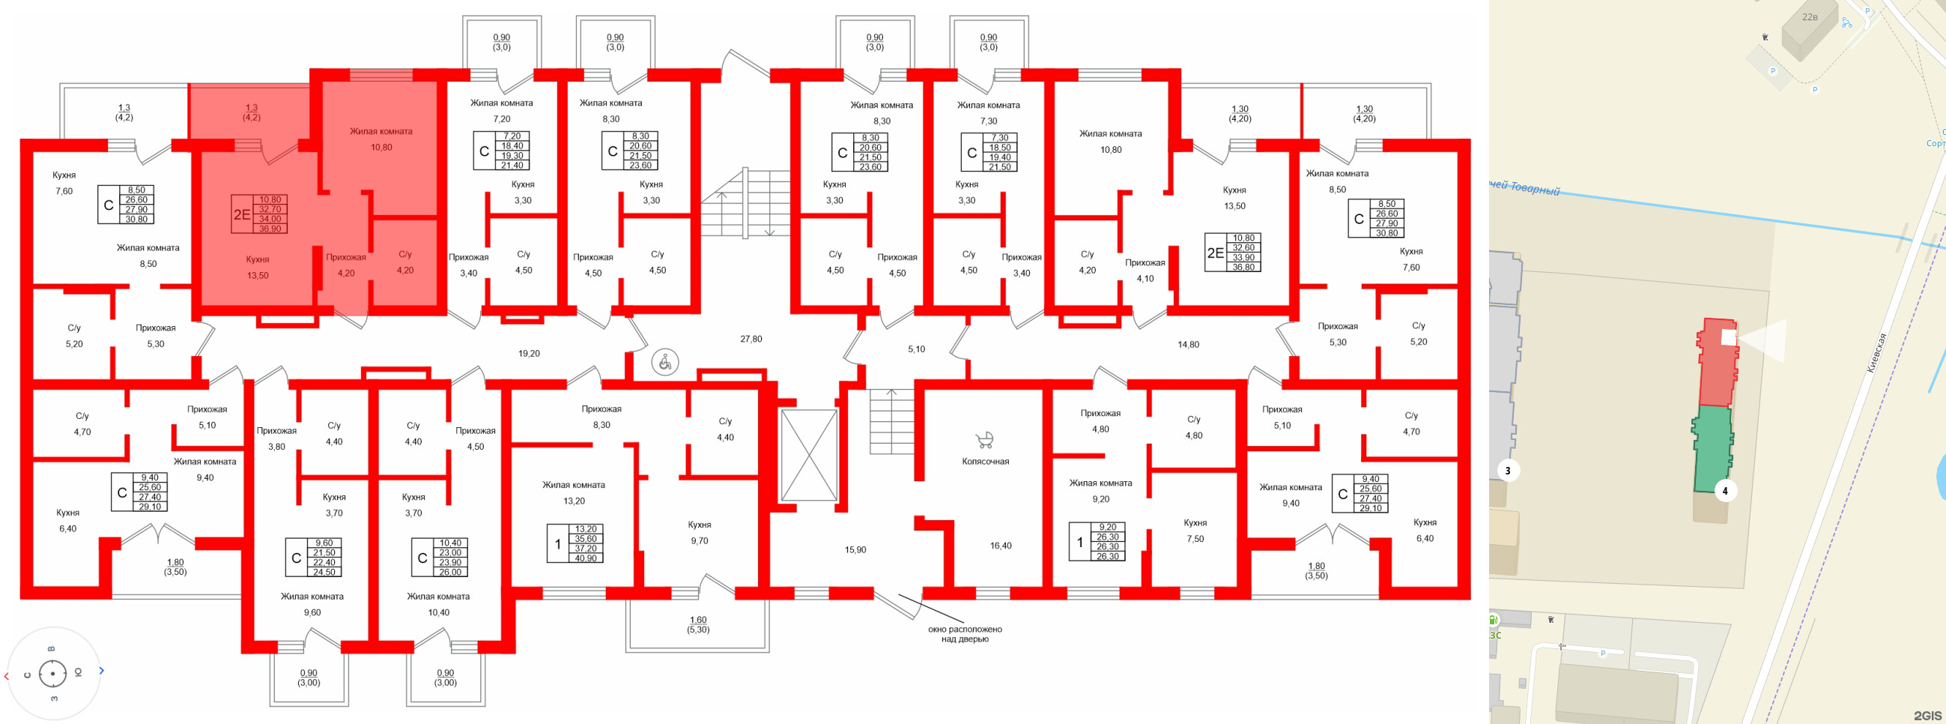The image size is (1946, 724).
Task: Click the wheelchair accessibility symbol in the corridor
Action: click(x=665, y=363)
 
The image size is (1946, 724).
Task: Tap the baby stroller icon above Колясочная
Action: click(x=984, y=440)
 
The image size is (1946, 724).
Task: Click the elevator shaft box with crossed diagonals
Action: click(x=808, y=455)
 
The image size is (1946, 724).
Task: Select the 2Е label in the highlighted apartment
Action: click(x=242, y=214)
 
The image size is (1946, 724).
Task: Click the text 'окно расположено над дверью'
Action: click(x=965, y=634)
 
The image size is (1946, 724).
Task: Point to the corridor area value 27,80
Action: click(x=751, y=340)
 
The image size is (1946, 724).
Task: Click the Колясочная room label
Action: click(x=985, y=461)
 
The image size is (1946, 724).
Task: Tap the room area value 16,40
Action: click(x=1000, y=546)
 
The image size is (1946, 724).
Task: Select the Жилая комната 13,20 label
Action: click(x=573, y=492)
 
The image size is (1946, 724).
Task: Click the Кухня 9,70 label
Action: click(x=699, y=533)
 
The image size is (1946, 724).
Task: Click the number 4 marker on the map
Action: click(x=1724, y=491)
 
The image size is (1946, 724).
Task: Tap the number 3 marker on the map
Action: click(x=1508, y=471)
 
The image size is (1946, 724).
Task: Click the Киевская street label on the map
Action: click(x=1876, y=353)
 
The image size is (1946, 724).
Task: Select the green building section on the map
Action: click(x=1712, y=450)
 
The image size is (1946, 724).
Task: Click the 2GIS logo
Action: click(x=1927, y=715)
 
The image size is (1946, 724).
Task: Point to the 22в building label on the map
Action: click(x=1809, y=16)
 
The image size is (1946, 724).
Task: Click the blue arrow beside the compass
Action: click(x=101, y=670)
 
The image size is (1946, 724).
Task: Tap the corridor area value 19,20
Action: click(x=529, y=353)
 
